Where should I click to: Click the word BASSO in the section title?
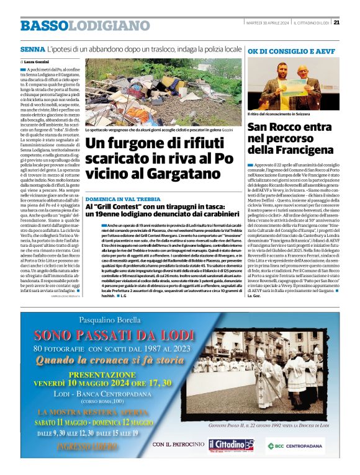44,26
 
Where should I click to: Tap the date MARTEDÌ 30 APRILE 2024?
266,23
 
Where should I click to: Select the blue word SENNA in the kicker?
32,48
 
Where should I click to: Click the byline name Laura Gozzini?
35,63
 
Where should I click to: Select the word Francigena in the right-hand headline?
304,149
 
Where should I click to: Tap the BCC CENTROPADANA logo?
295,445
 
